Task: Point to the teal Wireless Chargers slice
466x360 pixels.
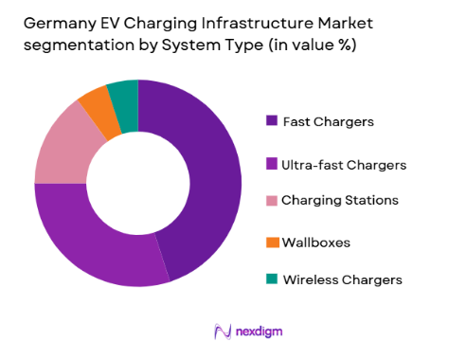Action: (123, 96)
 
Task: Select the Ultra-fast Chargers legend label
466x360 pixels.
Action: (345, 164)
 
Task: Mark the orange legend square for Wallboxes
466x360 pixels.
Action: (272, 243)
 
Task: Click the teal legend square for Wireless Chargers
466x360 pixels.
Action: (272, 279)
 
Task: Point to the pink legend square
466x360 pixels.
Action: (272, 200)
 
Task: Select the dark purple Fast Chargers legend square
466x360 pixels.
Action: (272, 120)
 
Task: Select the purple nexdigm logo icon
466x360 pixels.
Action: (224, 331)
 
